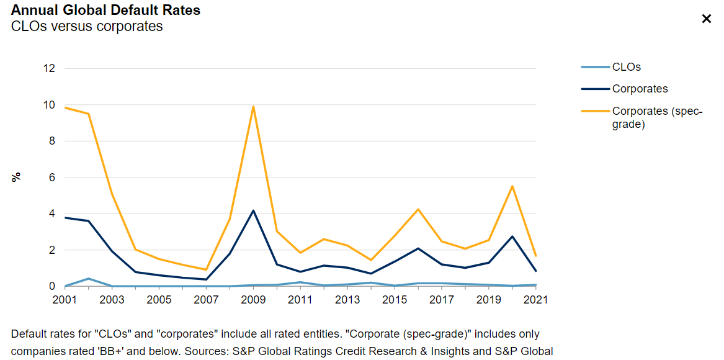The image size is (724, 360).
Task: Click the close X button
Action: [x=706, y=19]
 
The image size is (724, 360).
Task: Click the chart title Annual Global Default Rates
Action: [x=105, y=11]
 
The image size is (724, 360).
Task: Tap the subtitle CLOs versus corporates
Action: [x=87, y=27]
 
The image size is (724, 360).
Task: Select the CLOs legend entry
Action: [x=626, y=67]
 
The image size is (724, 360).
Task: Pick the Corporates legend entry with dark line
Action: [x=640, y=89]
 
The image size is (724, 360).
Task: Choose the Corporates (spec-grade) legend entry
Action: [x=656, y=117]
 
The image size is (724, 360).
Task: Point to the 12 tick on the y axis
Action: [x=49, y=68]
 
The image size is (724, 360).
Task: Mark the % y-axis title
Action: [x=17, y=177]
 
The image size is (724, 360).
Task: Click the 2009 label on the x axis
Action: [x=254, y=300]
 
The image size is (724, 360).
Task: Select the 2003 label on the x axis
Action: [x=112, y=300]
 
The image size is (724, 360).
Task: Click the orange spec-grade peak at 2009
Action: [x=253, y=106]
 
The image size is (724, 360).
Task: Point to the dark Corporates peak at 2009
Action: [x=253, y=210]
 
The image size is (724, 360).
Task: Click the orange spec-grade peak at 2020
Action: [x=512, y=186]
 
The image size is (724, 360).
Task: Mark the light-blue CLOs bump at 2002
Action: [x=89, y=279]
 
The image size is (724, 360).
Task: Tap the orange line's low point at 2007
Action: [x=206, y=269]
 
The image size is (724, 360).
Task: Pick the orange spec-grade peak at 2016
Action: [x=418, y=209]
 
